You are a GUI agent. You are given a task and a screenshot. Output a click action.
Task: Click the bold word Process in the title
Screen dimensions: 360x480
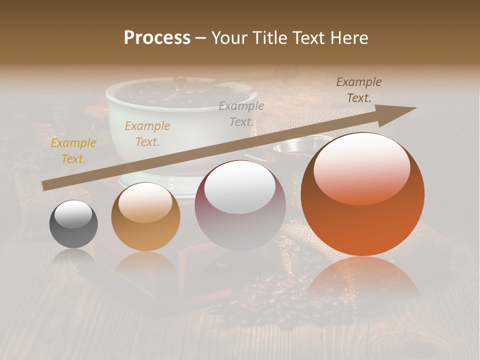157,37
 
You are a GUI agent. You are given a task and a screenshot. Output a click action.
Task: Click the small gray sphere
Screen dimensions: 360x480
73,224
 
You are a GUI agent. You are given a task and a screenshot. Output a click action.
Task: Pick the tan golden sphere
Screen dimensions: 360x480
145,217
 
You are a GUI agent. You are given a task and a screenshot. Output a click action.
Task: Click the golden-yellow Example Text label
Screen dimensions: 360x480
73,151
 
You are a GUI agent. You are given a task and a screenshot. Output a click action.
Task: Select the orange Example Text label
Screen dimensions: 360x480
147,134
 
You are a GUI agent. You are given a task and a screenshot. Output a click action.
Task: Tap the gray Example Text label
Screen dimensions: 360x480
241,113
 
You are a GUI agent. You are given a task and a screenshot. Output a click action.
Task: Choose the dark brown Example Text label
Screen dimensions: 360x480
358,90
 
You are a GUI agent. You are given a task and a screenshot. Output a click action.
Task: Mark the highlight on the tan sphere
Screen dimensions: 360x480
145,202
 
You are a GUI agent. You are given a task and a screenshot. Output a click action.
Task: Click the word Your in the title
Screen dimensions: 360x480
227,38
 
